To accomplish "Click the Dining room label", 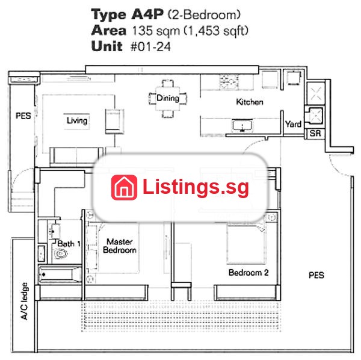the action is point(168,98).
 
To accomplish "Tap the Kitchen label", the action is point(250,102).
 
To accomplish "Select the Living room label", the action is point(77,120).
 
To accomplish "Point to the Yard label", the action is point(293,124).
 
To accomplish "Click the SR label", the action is point(315,133).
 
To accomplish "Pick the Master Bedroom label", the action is point(120,246).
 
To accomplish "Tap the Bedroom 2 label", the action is point(248,273).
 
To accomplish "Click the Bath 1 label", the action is point(69,243).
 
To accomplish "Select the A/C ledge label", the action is point(24,301).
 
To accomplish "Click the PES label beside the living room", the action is point(23,116).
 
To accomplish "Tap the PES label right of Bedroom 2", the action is point(316,275).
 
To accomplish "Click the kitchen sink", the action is point(242,126).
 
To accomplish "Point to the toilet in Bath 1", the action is point(60,254).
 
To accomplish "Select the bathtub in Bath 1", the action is point(60,275).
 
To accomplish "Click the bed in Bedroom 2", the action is point(245,244).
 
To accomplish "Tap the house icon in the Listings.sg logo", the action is point(124,187).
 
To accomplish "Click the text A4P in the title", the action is point(147,14).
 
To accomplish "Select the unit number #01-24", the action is point(150,47).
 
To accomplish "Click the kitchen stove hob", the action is point(229,82).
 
